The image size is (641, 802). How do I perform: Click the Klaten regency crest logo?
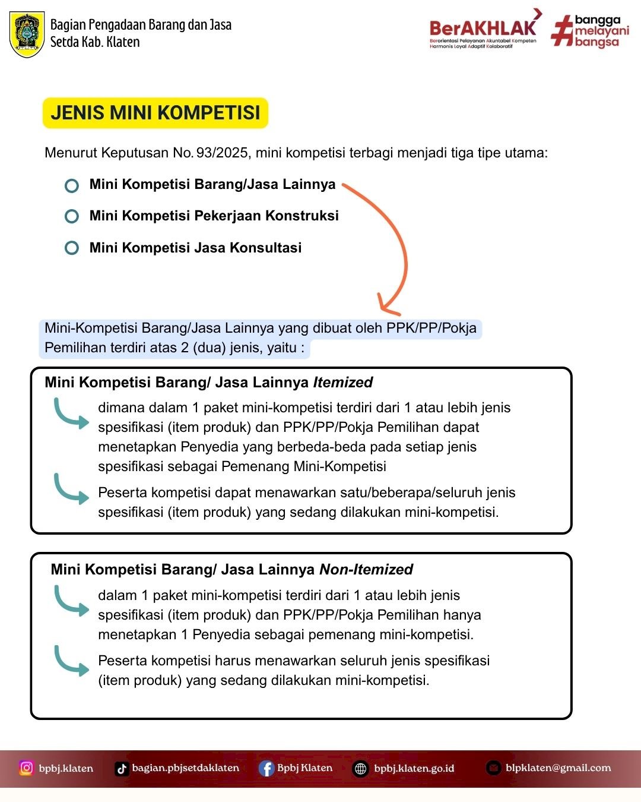pos(27,34)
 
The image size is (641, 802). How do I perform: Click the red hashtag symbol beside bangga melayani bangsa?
pos(562,30)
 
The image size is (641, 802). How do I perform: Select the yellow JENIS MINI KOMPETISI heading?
pos(156,113)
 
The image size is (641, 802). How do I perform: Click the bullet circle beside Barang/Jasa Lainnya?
pos(71,185)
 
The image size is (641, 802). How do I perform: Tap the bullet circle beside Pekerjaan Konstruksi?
pos(71,216)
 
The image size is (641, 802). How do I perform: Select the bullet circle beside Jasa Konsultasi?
pos(71,248)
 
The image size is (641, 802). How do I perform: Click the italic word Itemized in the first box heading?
pos(342,383)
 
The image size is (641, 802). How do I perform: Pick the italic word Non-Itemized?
pos(366,570)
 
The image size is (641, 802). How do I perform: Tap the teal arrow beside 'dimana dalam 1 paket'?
pos(71,415)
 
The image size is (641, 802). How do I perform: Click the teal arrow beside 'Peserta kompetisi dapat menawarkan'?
pos(71,490)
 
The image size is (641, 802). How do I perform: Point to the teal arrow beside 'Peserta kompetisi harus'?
pos(71,661)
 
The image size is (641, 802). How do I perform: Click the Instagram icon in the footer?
pos(26,768)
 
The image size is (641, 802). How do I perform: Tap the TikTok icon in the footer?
pos(122,769)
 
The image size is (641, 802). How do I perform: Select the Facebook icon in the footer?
pos(266,769)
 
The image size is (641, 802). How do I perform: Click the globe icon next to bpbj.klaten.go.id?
pos(360,769)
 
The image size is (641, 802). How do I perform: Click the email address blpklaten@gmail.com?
pos(559,768)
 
